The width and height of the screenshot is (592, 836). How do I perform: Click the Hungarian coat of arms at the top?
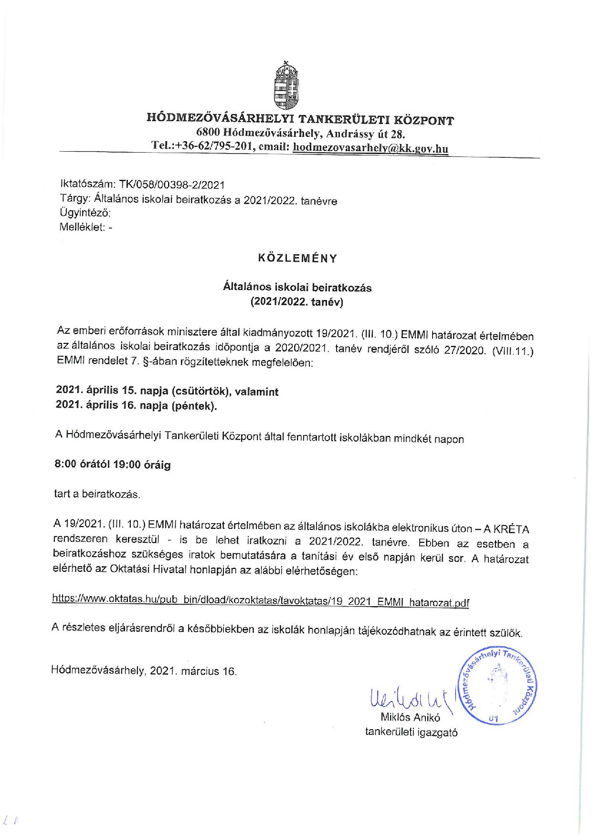(x=286, y=86)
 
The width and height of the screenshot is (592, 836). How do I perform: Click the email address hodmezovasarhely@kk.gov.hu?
(x=370, y=148)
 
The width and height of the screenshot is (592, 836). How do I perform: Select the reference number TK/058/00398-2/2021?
(x=171, y=185)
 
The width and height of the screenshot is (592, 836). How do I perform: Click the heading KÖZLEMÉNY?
(x=297, y=258)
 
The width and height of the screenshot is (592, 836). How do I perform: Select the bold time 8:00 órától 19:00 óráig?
(x=113, y=464)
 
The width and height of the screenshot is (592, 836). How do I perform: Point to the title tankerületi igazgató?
(x=411, y=732)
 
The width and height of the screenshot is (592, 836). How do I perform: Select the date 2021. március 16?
(x=193, y=671)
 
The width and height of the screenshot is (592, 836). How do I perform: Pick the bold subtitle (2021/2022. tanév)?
(x=297, y=302)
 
